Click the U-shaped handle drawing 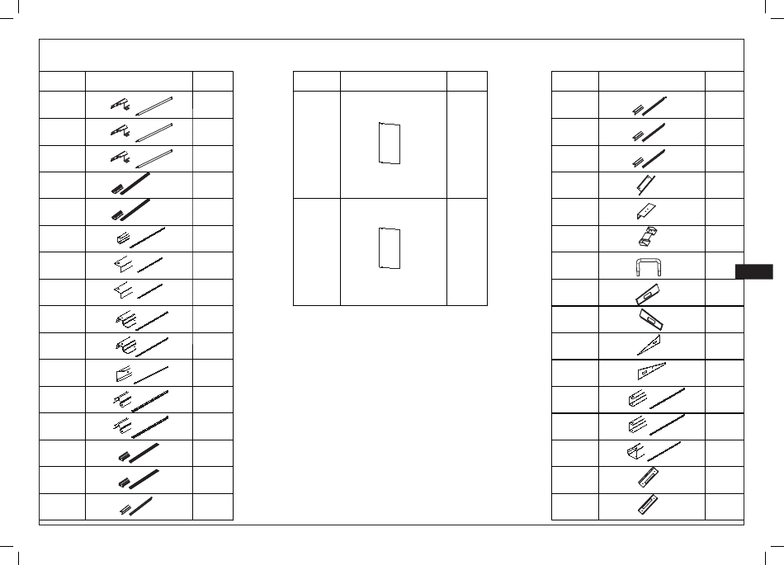click(651, 266)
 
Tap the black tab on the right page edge click(753, 272)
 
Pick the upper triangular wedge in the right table click(650, 345)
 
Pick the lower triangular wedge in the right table click(651, 372)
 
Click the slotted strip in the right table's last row click(649, 505)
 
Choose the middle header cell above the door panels click(393, 81)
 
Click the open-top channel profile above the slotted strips click(634, 453)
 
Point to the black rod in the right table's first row click(654, 105)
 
